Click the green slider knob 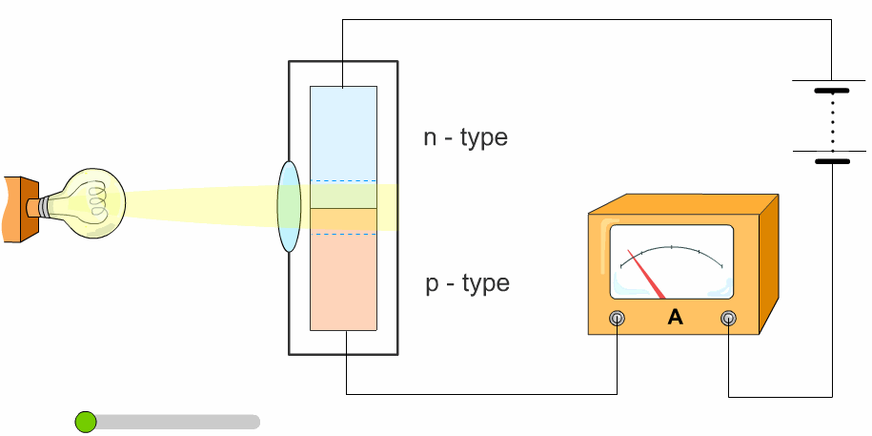pos(86,422)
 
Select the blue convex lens pos(289,207)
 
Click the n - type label pos(465,137)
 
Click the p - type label pos(467,283)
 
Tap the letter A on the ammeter pos(676,318)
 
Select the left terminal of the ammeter pos(618,318)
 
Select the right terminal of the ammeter pos(729,318)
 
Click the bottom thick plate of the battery pos(832,161)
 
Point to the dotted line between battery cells pos(832,126)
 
